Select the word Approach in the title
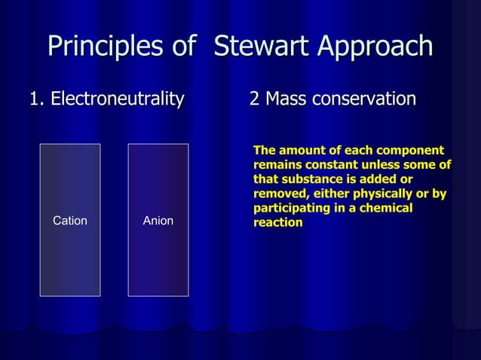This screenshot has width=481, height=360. click(374, 47)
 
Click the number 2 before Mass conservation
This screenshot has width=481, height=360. click(254, 99)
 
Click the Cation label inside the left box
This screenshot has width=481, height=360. click(69, 221)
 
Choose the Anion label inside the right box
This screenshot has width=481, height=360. click(158, 221)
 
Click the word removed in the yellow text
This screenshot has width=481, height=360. click(279, 194)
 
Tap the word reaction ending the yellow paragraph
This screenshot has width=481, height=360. click(278, 223)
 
